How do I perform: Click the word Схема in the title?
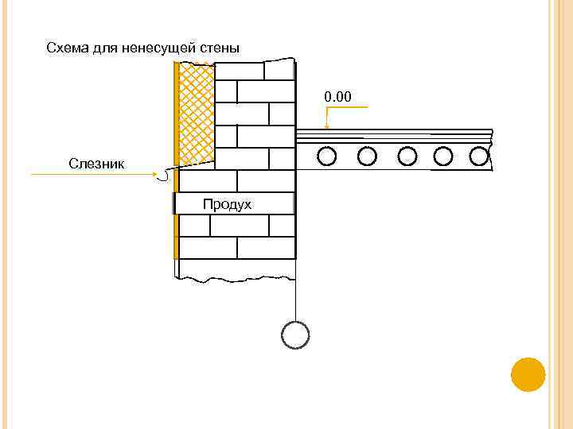[68, 48]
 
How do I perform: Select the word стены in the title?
[221, 48]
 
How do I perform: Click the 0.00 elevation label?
[337, 97]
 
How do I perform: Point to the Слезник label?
[97, 163]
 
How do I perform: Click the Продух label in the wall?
[227, 204]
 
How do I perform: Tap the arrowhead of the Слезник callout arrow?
[154, 174]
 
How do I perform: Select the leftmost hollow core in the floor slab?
[326, 156]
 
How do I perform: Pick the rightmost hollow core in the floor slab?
[479, 156]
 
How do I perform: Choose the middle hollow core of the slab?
[406, 156]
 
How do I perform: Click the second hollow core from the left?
[367, 156]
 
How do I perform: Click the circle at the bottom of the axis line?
[295, 334]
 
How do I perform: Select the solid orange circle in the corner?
[528, 374]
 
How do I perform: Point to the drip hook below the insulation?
[164, 176]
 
